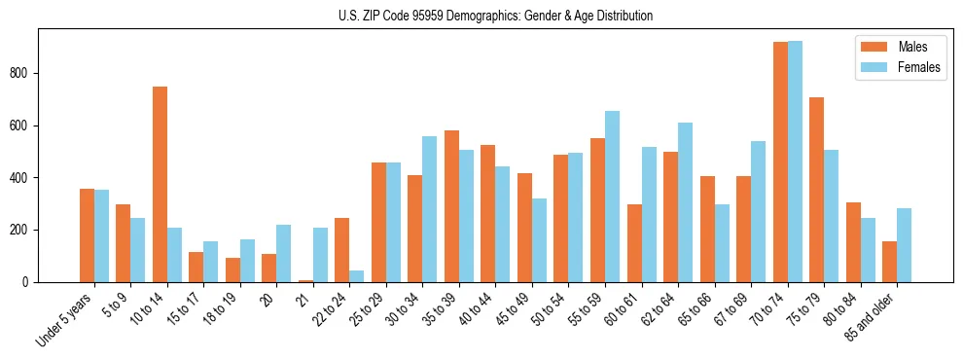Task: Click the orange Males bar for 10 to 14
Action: click(160, 185)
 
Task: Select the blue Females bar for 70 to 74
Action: click(795, 162)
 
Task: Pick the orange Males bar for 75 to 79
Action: click(816, 190)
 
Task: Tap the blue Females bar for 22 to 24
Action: click(357, 276)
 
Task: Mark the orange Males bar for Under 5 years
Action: click(87, 235)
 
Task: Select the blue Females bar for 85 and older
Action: click(904, 245)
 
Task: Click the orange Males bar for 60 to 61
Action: click(634, 243)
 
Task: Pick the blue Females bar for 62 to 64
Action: click(685, 202)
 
